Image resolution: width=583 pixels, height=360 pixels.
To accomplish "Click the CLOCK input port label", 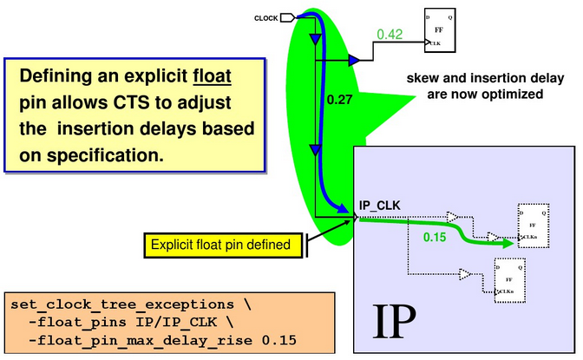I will coord(265,17).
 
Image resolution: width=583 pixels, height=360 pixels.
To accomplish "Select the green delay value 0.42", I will coord(390,35).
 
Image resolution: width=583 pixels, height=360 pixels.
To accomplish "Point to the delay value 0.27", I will coord(338,100).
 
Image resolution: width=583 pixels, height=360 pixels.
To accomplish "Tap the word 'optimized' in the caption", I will coord(515,94).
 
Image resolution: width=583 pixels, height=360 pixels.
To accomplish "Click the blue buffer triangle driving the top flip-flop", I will coord(353,61).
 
